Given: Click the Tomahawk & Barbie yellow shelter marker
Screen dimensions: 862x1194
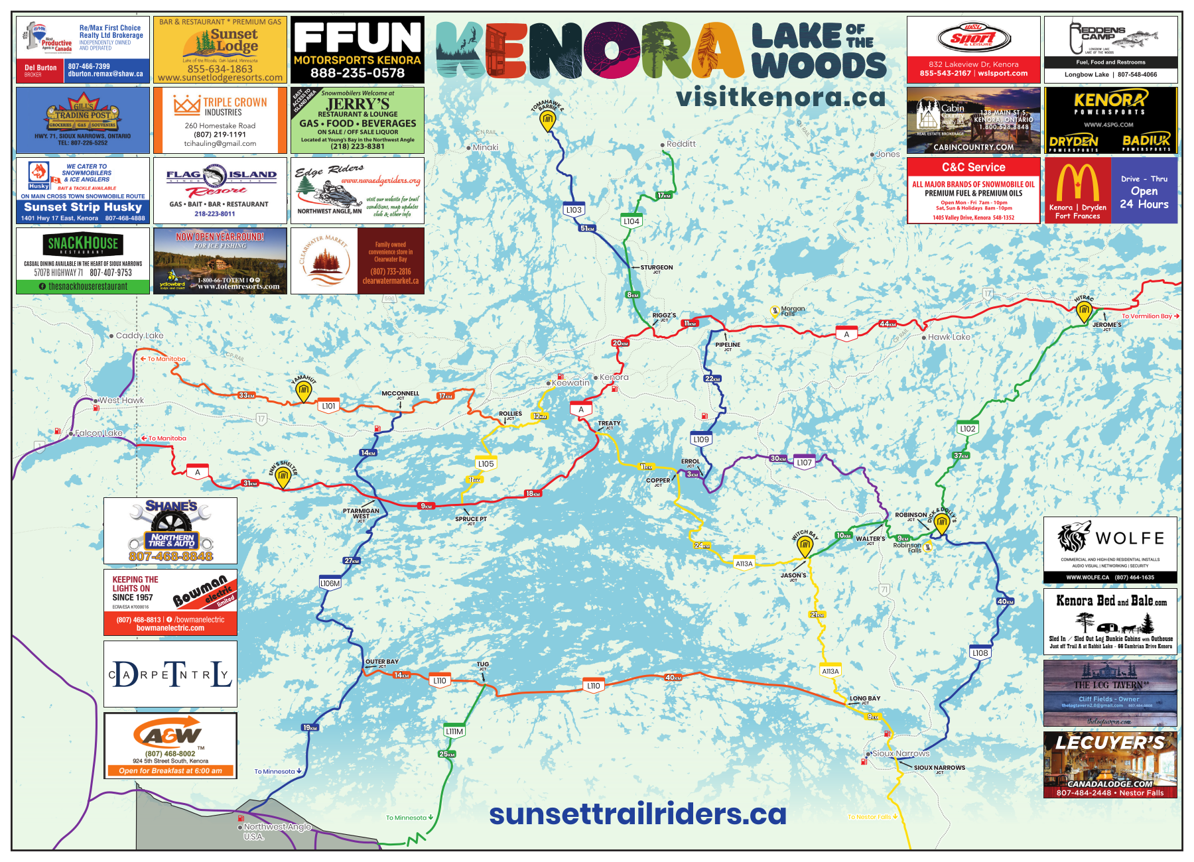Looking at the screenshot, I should click(547, 121).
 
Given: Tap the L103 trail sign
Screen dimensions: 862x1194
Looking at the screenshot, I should click(574, 210).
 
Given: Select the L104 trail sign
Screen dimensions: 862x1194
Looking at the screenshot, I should click(631, 221).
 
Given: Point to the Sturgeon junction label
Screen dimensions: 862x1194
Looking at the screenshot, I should click(656, 268).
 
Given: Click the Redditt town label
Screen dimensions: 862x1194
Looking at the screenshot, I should click(681, 144).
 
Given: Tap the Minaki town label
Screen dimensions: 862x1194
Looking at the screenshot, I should click(485, 147).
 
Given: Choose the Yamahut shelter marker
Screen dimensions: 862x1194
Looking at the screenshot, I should click(303, 393).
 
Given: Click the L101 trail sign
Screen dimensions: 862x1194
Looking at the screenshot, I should click(329, 406).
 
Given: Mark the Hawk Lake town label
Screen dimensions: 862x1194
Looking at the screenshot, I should click(949, 337).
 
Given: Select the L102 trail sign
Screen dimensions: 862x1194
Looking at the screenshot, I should click(968, 429).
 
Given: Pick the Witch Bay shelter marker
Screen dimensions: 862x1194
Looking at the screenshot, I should click(805, 546).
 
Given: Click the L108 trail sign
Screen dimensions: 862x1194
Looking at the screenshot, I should click(980, 653).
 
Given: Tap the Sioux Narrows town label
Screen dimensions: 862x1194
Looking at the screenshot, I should click(900, 753).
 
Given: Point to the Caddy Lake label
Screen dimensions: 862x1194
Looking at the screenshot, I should click(139, 336).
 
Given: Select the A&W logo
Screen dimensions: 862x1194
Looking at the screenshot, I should click(170, 733).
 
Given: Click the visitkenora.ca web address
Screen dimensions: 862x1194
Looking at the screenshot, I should click(781, 97).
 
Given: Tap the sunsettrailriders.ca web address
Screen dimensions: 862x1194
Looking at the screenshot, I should click(637, 814).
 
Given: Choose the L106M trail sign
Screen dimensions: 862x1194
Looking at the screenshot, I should click(330, 584).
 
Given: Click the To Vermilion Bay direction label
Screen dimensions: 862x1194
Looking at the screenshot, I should click(1150, 316).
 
